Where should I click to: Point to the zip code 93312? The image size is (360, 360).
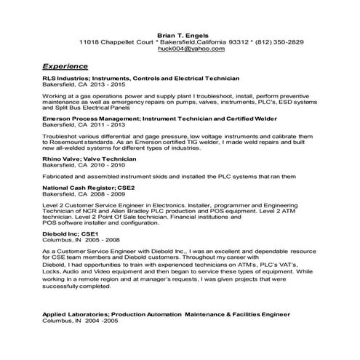pyautogui.click(x=220, y=41)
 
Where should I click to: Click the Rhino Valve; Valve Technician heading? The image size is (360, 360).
pyautogui.click(x=89, y=158)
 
